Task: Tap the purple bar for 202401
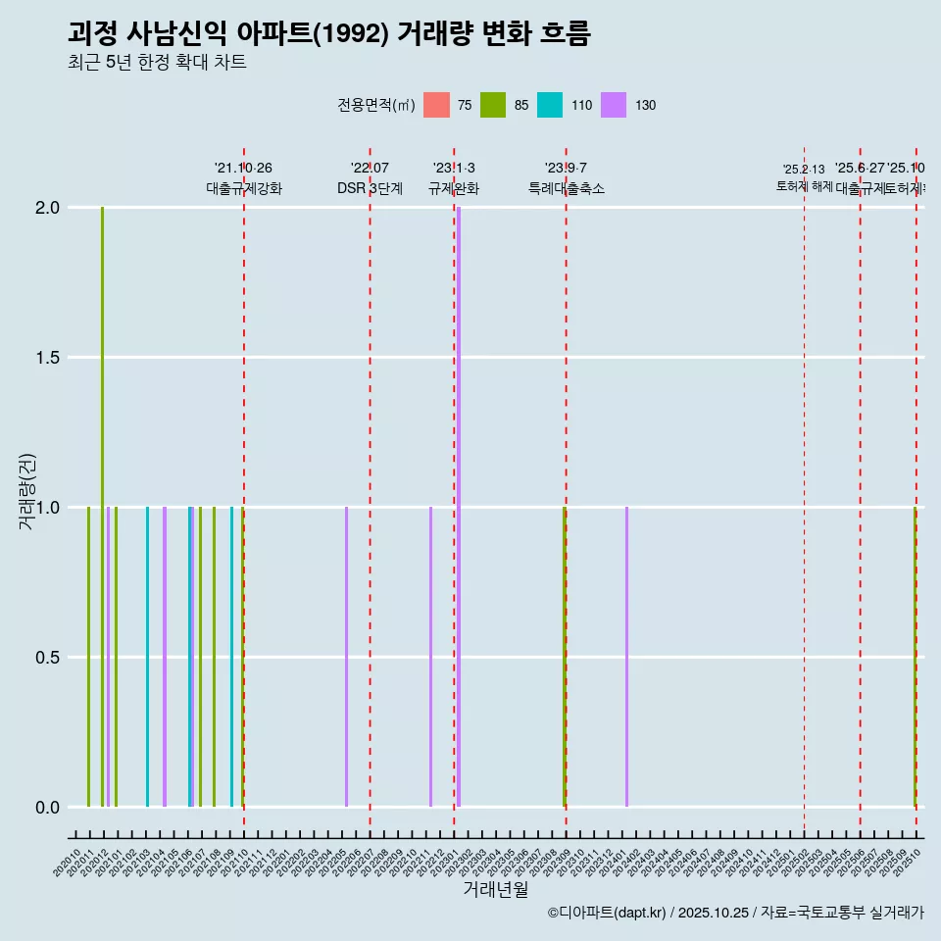626,657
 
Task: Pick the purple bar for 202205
346,657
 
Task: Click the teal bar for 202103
147,657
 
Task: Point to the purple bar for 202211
430,657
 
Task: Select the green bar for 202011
88,657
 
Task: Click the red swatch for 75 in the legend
436,105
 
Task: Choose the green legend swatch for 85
493,105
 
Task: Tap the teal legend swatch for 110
550,105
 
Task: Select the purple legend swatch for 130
614,105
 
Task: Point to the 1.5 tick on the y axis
47,358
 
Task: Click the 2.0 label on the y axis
47,208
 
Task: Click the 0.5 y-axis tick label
47,658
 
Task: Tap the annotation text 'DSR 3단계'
370,188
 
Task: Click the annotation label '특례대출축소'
566,188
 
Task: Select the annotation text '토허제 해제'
804,185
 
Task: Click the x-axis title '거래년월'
495,889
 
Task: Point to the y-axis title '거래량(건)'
27,491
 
